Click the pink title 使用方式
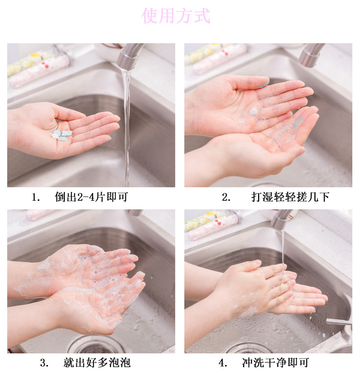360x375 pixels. (176, 15)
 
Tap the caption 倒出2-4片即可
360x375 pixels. (91, 197)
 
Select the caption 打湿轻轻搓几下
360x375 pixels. (290, 197)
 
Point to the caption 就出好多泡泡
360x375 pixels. (97, 363)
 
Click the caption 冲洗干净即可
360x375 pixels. (276, 363)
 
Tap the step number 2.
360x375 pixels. (226, 197)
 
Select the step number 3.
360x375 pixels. (45, 363)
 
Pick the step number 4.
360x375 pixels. (223, 363)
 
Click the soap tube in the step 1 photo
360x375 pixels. (39, 66)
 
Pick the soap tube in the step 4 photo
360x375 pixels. (214, 225)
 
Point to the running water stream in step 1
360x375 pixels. (126, 127)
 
